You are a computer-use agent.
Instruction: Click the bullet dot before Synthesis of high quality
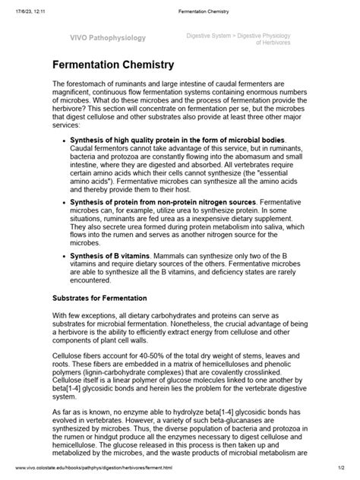(62, 141)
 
